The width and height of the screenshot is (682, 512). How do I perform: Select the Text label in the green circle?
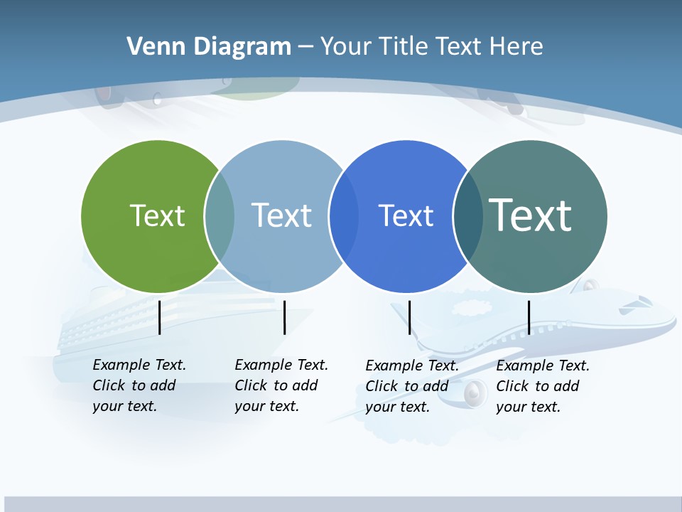[157, 215]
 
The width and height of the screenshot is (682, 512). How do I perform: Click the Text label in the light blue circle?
[281, 215]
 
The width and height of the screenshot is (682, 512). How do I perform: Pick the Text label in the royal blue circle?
[406, 215]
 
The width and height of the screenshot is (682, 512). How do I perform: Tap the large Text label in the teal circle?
[530, 215]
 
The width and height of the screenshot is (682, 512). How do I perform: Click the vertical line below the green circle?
[160, 317]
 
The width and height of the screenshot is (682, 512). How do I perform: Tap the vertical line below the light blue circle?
[284, 317]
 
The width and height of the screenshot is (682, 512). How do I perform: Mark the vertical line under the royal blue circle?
[409, 317]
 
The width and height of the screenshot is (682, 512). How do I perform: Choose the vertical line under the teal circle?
[529, 317]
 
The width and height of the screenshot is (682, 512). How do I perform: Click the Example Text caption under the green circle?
[139, 385]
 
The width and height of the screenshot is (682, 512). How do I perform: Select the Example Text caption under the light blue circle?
[281, 385]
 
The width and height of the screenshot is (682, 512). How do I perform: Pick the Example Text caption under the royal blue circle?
[412, 386]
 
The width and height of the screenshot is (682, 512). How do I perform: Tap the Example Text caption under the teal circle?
[543, 386]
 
